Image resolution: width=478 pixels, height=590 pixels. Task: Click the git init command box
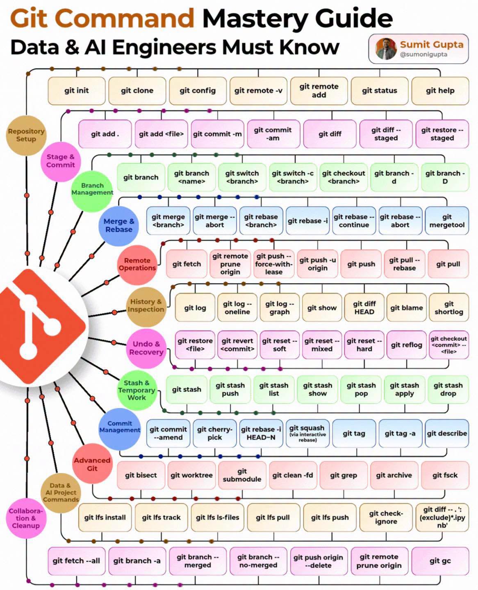[77, 91]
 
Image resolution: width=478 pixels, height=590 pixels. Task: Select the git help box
[440, 91]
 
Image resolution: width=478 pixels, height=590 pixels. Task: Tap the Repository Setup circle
[26, 135]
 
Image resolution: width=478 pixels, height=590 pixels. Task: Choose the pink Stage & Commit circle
[61, 161]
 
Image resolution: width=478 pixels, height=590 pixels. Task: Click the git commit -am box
[273, 134]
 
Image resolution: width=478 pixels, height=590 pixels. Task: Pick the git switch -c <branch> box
[293, 177]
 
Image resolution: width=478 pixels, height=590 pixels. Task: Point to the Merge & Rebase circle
[119, 225]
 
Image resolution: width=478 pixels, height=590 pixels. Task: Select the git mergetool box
[447, 221]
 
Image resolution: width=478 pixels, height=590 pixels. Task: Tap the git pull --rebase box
[404, 264]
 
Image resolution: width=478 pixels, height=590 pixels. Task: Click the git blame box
[407, 307]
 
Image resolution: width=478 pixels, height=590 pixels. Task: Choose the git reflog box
[407, 345]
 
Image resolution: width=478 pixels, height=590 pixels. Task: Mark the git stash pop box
[361, 390]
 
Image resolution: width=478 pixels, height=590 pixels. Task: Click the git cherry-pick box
[215, 433]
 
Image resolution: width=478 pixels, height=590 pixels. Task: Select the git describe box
[447, 433]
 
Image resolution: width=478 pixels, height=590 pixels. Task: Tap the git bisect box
[141, 475]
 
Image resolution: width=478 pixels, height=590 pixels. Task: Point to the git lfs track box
[161, 517]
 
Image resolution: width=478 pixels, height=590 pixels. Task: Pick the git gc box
[440, 561]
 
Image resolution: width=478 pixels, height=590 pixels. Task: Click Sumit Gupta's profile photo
[386, 49]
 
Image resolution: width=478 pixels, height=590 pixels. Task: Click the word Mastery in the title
[255, 18]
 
